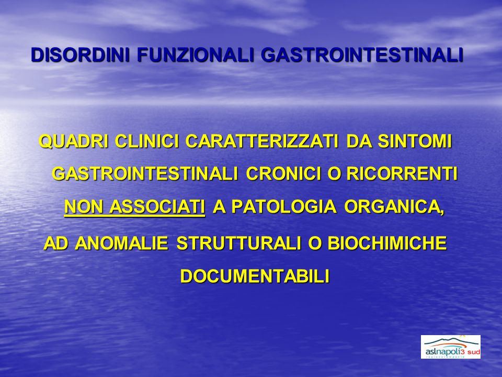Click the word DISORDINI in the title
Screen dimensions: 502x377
(81, 55)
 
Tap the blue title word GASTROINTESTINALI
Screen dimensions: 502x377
(362, 55)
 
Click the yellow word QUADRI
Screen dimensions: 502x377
(74, 141)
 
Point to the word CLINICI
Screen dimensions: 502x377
(147, 141)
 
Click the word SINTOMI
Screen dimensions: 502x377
(415, 141)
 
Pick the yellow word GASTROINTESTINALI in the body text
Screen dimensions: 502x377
(145, 174)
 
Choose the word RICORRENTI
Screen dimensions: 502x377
(402, 174)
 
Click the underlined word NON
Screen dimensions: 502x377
(84, 207)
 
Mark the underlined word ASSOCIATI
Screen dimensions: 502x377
(157, 207)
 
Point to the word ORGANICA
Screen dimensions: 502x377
(394, 207)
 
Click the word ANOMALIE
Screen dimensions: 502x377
(121, 243)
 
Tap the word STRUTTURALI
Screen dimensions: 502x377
(238, 243)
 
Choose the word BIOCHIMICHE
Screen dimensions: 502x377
(387, 243)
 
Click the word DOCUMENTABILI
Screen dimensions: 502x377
(255, 276)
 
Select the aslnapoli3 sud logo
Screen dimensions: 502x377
(450, 347)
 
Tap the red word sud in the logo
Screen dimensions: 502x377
(474, 352)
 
